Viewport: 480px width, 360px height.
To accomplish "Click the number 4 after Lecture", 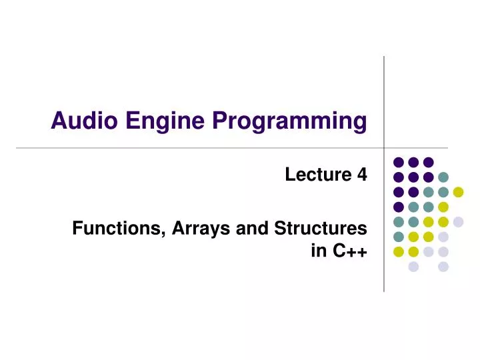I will coord(362,175).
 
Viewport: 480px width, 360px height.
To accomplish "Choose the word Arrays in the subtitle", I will coord(194,229).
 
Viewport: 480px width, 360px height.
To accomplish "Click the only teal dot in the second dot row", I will coord(443,177).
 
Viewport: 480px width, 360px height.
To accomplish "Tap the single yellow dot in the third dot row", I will coord(458,192).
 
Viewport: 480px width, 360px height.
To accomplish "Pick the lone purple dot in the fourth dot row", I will coord(399,207).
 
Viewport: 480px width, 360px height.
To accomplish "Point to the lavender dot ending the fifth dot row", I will coord(458,221).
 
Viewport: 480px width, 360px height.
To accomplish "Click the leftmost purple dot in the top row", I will coord(399,162).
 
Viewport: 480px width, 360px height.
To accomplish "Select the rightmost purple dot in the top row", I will coord(429,162).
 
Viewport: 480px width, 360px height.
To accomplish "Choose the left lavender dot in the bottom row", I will coord(413,267).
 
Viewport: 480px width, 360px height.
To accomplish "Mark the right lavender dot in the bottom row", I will coord(443,267).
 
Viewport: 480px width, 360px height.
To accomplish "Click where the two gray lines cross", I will coord(384,147).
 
